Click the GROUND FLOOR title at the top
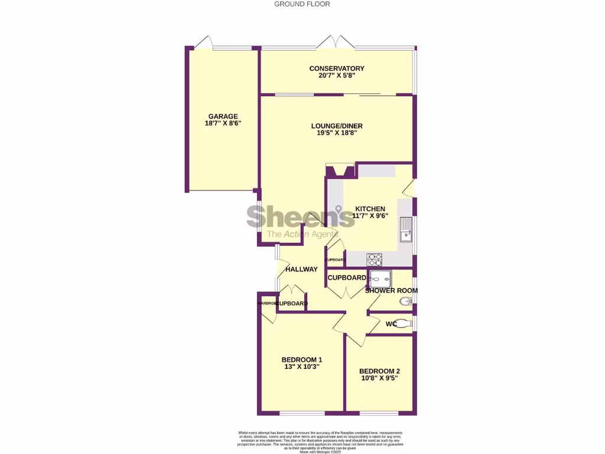coord(302,4)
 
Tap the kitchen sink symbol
coord(405,230)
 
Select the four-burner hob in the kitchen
coord(375,259)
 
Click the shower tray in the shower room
coord(379,277)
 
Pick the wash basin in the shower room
coord(406,301)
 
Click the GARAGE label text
coord(223,116)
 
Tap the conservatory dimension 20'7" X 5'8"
coord(337,76)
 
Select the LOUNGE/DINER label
coord(337,126)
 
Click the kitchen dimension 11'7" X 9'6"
coord(370,216)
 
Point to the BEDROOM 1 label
coord(301,359)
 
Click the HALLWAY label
coord(301,269)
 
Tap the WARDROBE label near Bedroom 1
coord(268,303)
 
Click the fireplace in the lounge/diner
coord(340,171)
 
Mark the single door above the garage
coord(203,43)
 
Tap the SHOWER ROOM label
coord(391,290)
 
